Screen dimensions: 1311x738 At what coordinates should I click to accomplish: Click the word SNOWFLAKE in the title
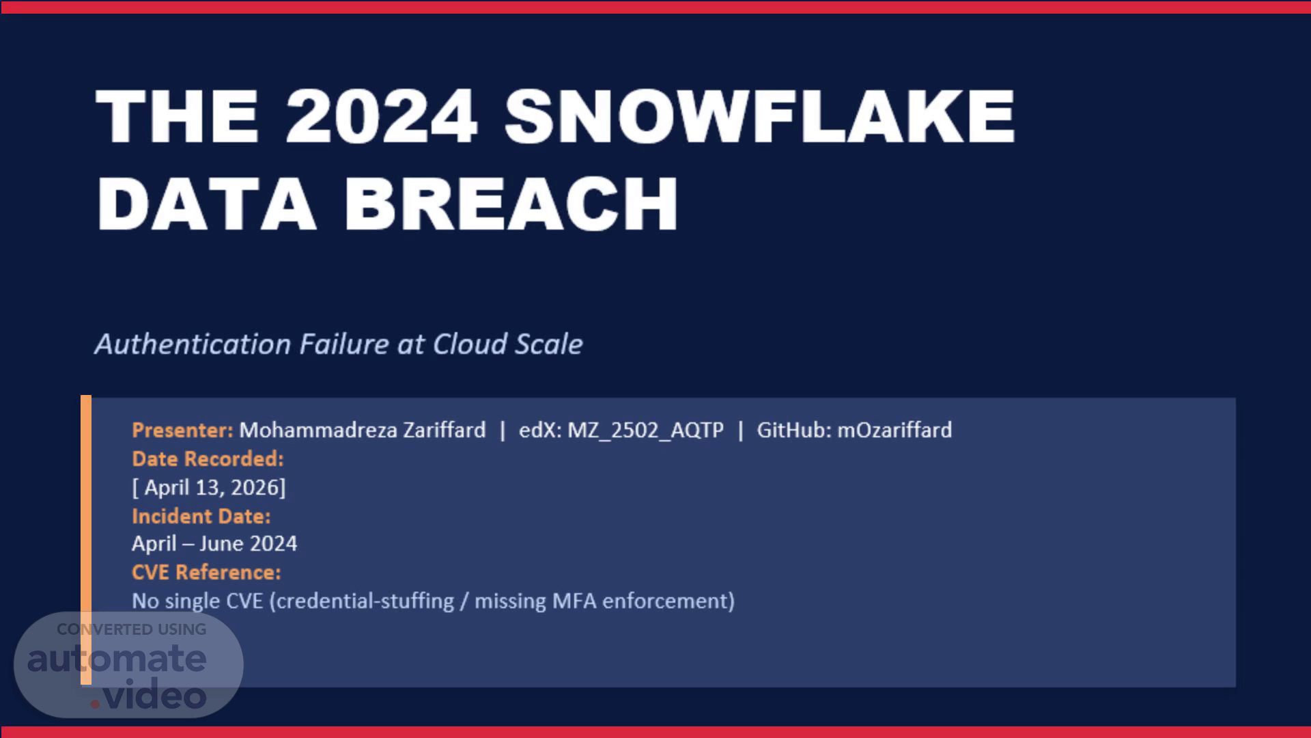tap(759, 116)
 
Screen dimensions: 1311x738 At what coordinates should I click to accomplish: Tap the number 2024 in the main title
tap(381, 116)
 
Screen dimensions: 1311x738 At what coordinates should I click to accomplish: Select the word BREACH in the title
tap(511, 203)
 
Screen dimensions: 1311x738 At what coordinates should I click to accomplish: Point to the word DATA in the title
tap(206, 203)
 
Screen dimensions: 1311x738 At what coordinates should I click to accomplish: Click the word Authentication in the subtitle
tap(193, 344)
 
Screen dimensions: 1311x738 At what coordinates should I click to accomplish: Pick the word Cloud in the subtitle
tap(470, 344)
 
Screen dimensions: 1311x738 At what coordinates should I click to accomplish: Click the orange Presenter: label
tap(182, 430)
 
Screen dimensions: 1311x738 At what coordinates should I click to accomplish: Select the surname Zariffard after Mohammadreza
tap(444, 430)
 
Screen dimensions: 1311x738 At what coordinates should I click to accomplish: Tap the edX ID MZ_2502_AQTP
tap(645, 430)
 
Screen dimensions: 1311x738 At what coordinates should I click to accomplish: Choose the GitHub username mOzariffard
tap(894, 430)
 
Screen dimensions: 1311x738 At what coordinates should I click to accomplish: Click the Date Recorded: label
tap(208, 459)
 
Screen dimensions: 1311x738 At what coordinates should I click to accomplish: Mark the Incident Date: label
tap(201, 516)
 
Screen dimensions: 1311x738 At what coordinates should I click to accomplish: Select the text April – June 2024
tap(214, 544)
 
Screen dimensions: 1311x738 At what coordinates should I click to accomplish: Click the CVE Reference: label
tap(206, 572)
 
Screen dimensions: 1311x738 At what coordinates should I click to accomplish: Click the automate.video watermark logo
tap(128, 665)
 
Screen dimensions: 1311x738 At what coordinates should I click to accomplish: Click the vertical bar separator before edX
tap(503, 430)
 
